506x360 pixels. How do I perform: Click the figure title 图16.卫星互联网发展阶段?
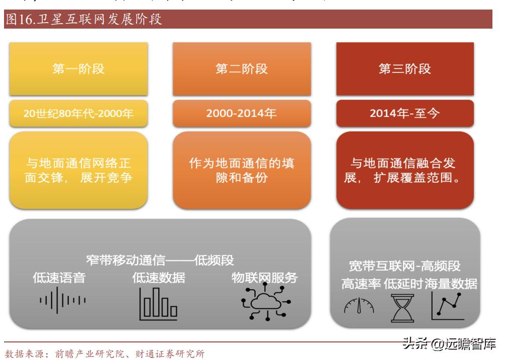click(x=84, y=21)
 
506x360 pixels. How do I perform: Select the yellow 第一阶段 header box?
click(x=78, y=69)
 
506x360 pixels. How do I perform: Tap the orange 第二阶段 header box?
click(x=242, y=69)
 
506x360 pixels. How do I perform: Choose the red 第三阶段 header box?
click(x=405, y=69)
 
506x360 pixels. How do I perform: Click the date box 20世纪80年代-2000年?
click(x=78, y=113)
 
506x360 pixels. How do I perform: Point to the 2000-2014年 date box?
click(x=242, y=113)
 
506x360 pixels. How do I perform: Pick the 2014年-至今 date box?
click(x=405, y=113)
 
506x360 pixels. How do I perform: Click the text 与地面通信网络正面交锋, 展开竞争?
click(x=78, y=171)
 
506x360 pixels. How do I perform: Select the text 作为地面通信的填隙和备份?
click(x=242, y=171)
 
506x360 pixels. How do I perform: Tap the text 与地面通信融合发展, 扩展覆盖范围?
click(x=405, y=171)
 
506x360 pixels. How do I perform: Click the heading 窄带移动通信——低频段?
click(x=159, y=260)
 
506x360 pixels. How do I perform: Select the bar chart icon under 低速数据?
click(x=158, y=303)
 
